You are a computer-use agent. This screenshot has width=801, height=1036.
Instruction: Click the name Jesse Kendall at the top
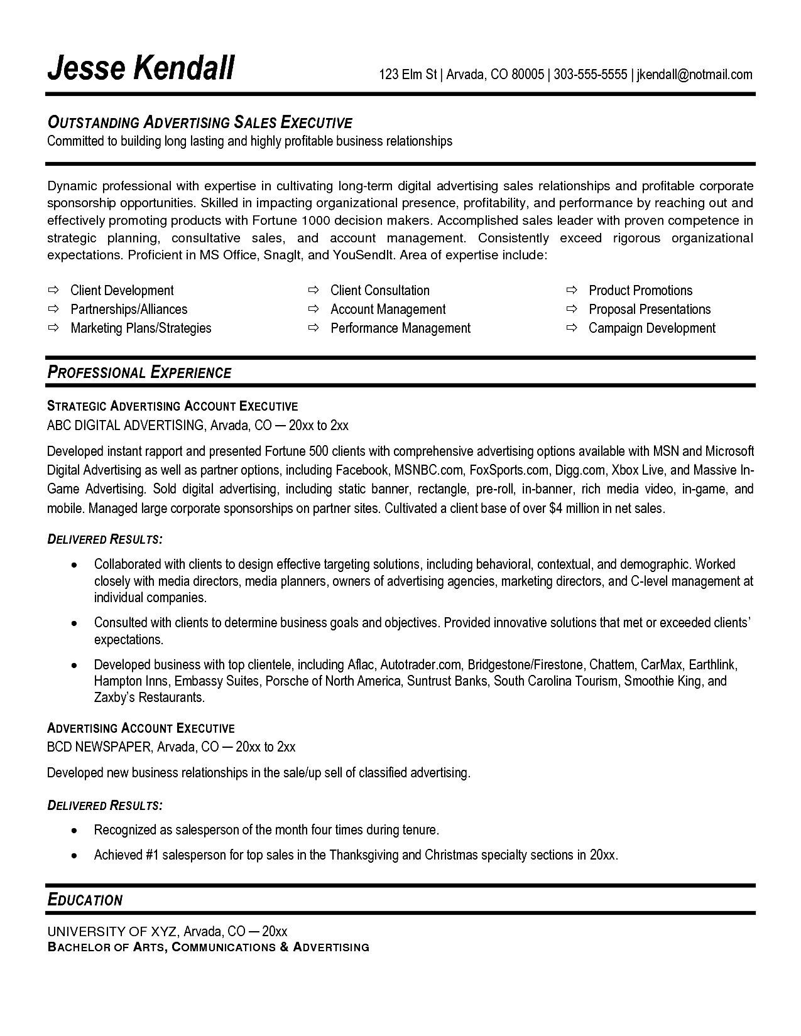pos(141,67)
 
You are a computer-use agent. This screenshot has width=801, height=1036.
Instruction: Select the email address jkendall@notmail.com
pos(694,75)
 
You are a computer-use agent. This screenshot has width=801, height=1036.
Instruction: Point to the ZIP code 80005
pos(527,75)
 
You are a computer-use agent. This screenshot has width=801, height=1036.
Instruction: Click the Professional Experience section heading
pos(139,372)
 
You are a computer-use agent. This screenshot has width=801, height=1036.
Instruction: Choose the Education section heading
pos(85,900)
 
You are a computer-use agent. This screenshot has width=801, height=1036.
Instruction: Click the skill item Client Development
pos(122,290)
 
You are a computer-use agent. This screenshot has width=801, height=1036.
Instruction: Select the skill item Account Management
pos(388,309)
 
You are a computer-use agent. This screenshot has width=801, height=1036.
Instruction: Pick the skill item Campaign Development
pos(651,328)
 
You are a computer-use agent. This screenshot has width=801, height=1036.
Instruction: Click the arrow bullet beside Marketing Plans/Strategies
pos(53,328)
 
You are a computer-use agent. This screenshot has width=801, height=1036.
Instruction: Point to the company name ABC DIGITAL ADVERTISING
pos(125,425)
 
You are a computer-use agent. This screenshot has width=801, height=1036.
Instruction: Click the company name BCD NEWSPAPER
pos(99,747)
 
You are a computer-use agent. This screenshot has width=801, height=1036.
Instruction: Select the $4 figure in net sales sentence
pos(555,508)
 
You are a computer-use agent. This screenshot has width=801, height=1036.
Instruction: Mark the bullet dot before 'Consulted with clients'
pos(75,623)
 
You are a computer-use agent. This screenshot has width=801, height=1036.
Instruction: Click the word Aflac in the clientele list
pos(361,664)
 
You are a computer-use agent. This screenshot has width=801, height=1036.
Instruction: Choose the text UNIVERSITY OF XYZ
pos(112,931)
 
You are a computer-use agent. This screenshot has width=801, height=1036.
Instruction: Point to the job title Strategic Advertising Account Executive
pos(172,406)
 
